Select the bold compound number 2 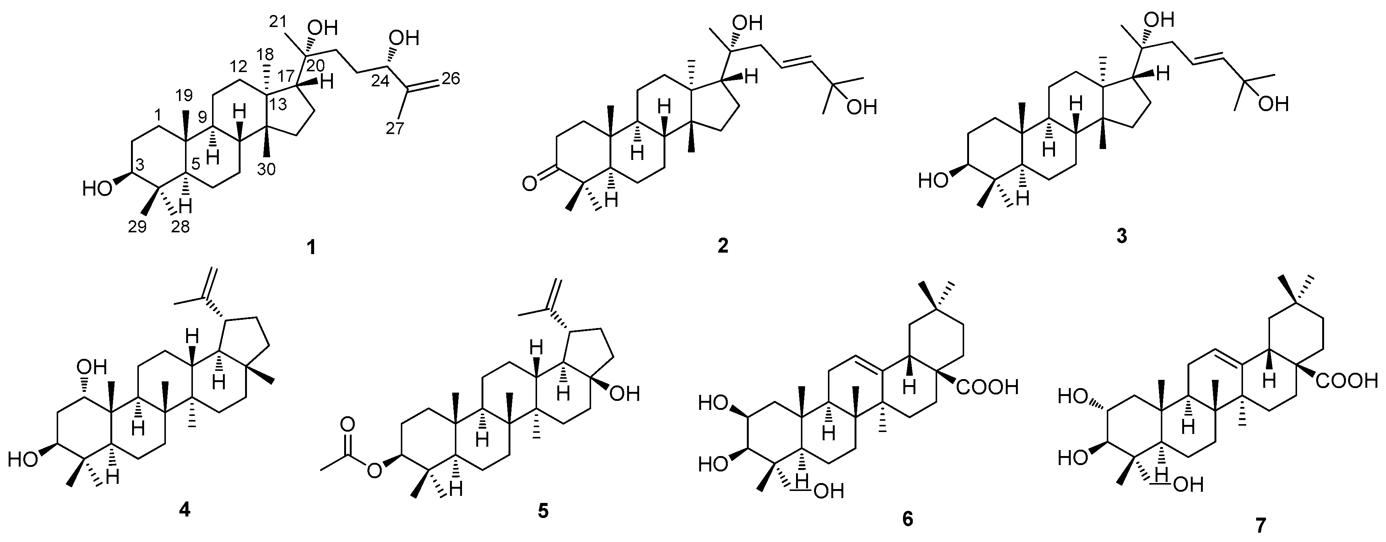pos(722,246)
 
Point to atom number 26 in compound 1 pos(451,78)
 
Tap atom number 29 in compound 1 pos(137,227)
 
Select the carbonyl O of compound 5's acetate pos(348,425)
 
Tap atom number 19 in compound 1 pos(185,96)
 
